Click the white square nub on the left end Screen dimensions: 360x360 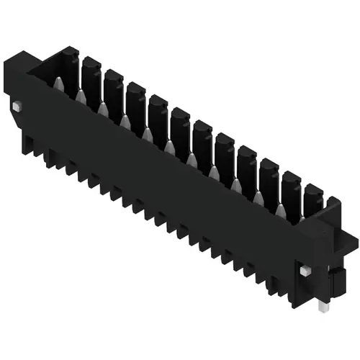(15, 107)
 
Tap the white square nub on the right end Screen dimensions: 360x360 (305, 270)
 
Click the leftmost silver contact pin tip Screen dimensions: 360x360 (58, 84)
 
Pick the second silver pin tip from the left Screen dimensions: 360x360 (81, 96)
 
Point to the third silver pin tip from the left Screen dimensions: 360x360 (103, 109)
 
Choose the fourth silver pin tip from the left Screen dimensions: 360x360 (125, 122)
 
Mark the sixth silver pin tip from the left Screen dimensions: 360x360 (169, 147)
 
